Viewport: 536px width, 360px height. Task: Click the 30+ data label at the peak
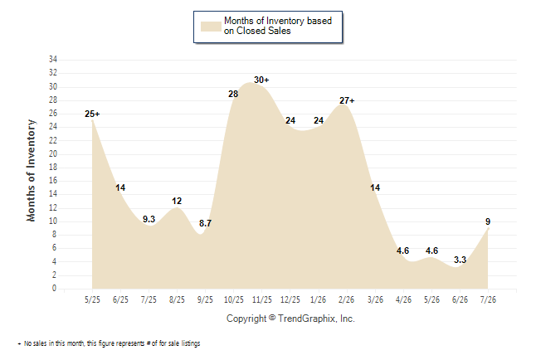261,80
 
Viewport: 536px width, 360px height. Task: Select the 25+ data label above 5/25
92,114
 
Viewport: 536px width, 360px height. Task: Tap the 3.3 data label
460,260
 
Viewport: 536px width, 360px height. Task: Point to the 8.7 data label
205,223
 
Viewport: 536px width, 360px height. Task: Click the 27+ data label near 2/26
347,100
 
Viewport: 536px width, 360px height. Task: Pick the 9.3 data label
149,219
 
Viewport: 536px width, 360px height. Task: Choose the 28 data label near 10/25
233,94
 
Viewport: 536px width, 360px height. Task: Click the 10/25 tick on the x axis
234,299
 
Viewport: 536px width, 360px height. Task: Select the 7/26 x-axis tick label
488,299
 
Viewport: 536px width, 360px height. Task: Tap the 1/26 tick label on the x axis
319,299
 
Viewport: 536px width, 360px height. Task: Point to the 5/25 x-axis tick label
92,299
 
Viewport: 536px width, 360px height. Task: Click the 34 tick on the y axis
53,59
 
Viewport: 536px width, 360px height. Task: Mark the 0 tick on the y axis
54,288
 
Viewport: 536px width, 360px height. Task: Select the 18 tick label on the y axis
53,168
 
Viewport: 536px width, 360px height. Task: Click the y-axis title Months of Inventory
31,170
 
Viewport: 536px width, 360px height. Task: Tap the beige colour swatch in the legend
211,27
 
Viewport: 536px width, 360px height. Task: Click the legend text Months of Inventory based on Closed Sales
278,26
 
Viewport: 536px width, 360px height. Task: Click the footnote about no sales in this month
109,343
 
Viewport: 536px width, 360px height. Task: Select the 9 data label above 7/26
488,221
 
